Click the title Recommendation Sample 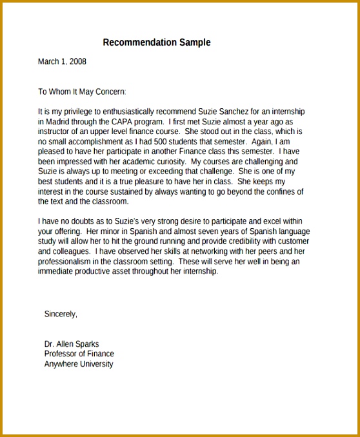pyautogui.click(x=157, y=43)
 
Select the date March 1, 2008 pyautogui.click(x=62, y=62)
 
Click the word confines pyautogui.click(x=279, y=191)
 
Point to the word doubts pyautogui.click(x=81, y=221)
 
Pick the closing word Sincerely pyautogui.click(x=61, y=314)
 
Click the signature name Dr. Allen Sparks pyautogui.click(x=72, y=344)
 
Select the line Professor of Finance pyautogui.click(x=79, y=354)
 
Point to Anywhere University pyautogui.click(x=78, y=364)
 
